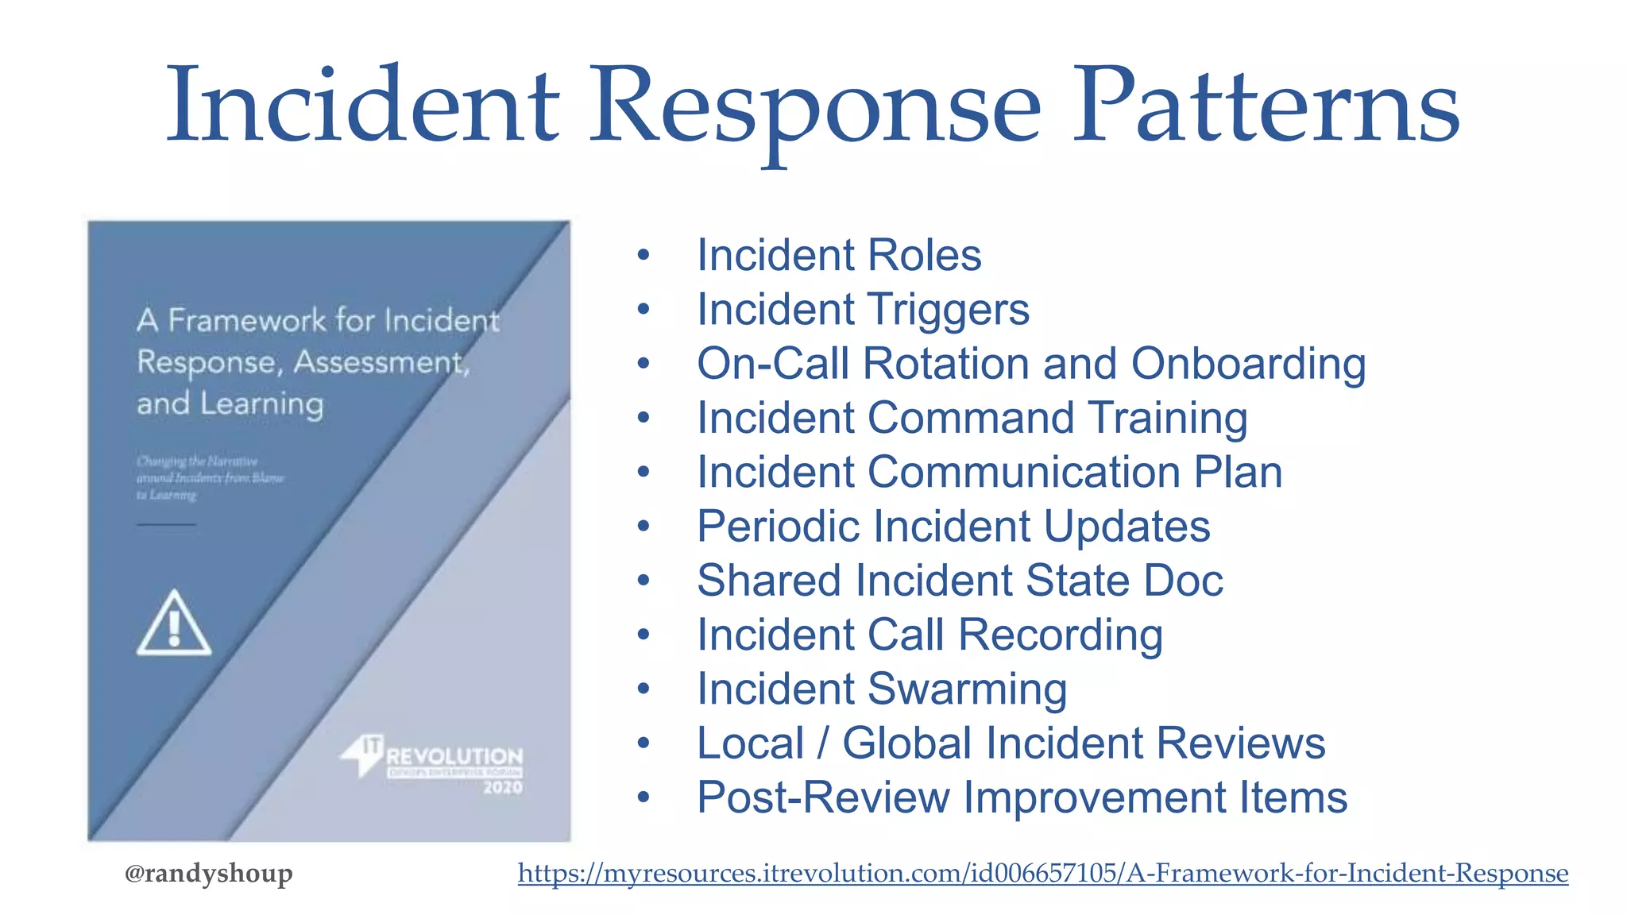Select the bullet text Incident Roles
[838, 256]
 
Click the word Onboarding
[1248, 365]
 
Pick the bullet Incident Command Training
[972, 419]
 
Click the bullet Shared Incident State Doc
[959, 581]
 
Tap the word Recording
[1060, 635]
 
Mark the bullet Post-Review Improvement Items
[1022, 797]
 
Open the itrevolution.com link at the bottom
[1042, 874]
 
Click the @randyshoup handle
[208, 874]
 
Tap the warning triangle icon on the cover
[174, 624]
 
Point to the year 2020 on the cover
[503, 788]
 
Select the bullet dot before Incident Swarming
[643, 689]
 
